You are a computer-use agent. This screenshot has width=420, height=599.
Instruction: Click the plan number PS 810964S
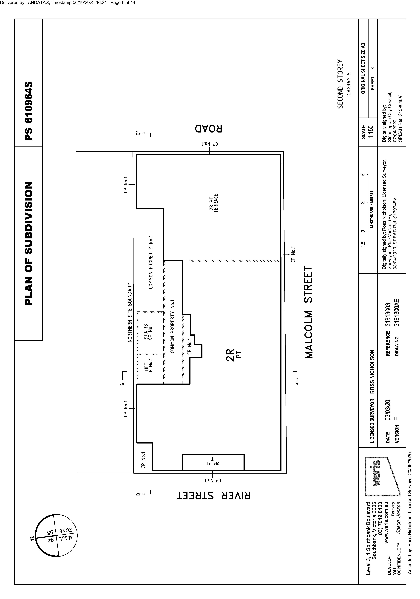tap(29, 111)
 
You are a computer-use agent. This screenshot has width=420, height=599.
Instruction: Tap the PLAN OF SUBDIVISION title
tap(29, 243)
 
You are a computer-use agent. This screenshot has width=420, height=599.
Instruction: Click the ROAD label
tap(209, 129)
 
